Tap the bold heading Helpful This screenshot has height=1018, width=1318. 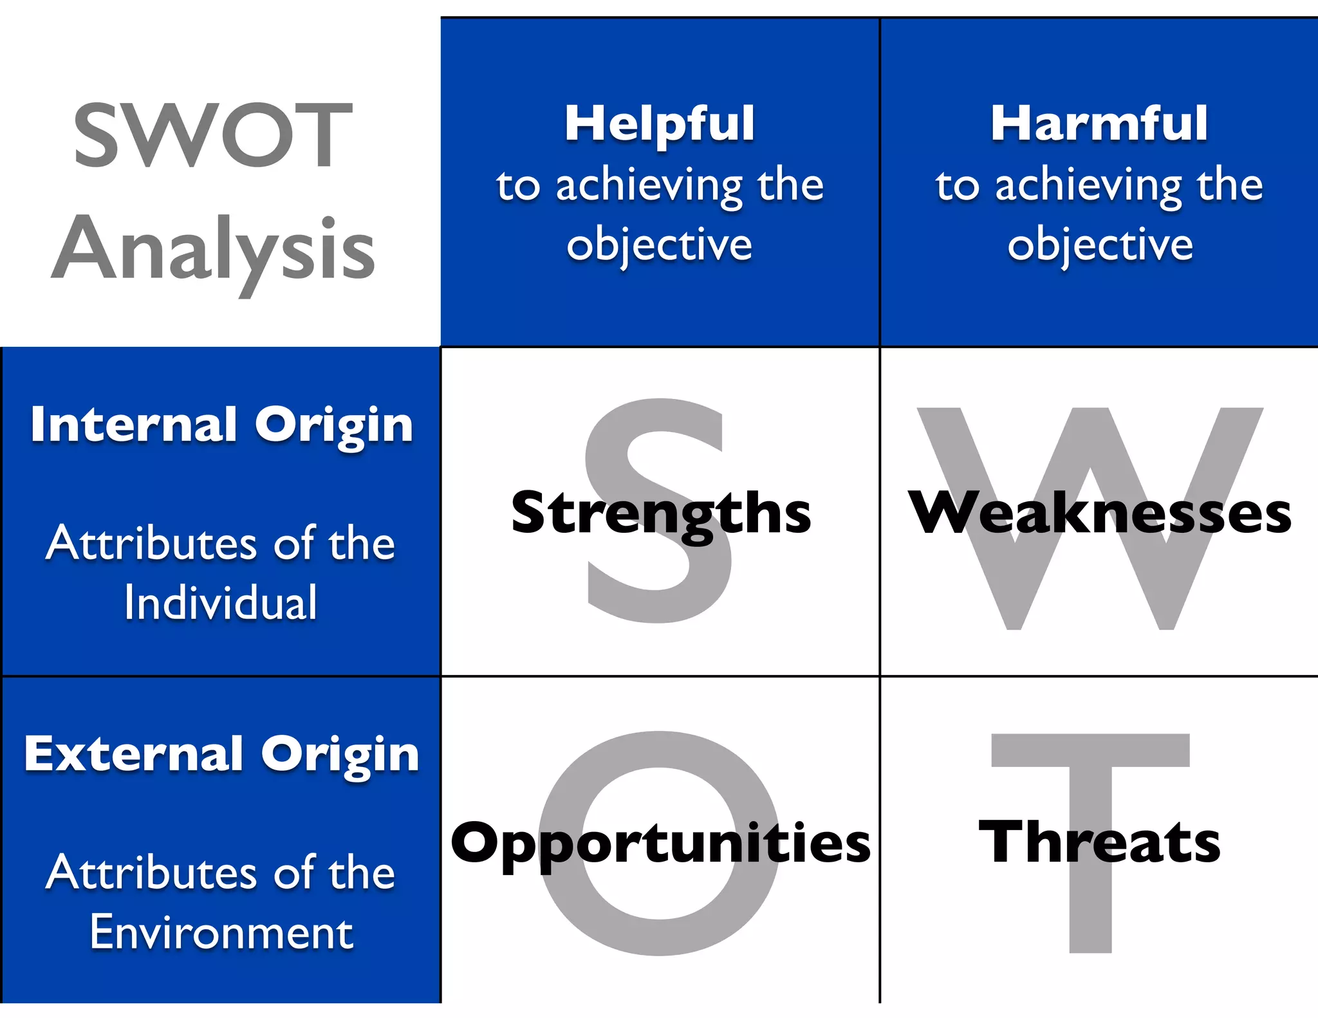tap(660, 124)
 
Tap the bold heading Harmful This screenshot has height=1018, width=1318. tap(1099, 124)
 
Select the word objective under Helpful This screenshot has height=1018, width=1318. tap(660, 245)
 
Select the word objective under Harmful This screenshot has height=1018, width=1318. tap(1100, 245)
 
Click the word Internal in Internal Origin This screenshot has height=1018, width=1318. tap(134, 425)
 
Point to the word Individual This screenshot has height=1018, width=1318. tap(221, 603)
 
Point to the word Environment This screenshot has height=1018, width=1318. tap(221, 932)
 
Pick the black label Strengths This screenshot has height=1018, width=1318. tap(661, 513)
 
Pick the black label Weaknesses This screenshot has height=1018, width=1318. tap(1099, 513)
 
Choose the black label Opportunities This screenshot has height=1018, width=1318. tap(660, 843)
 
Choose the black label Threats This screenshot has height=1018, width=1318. tap(1099, 842)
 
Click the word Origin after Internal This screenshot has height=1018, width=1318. tap(333, 426)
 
